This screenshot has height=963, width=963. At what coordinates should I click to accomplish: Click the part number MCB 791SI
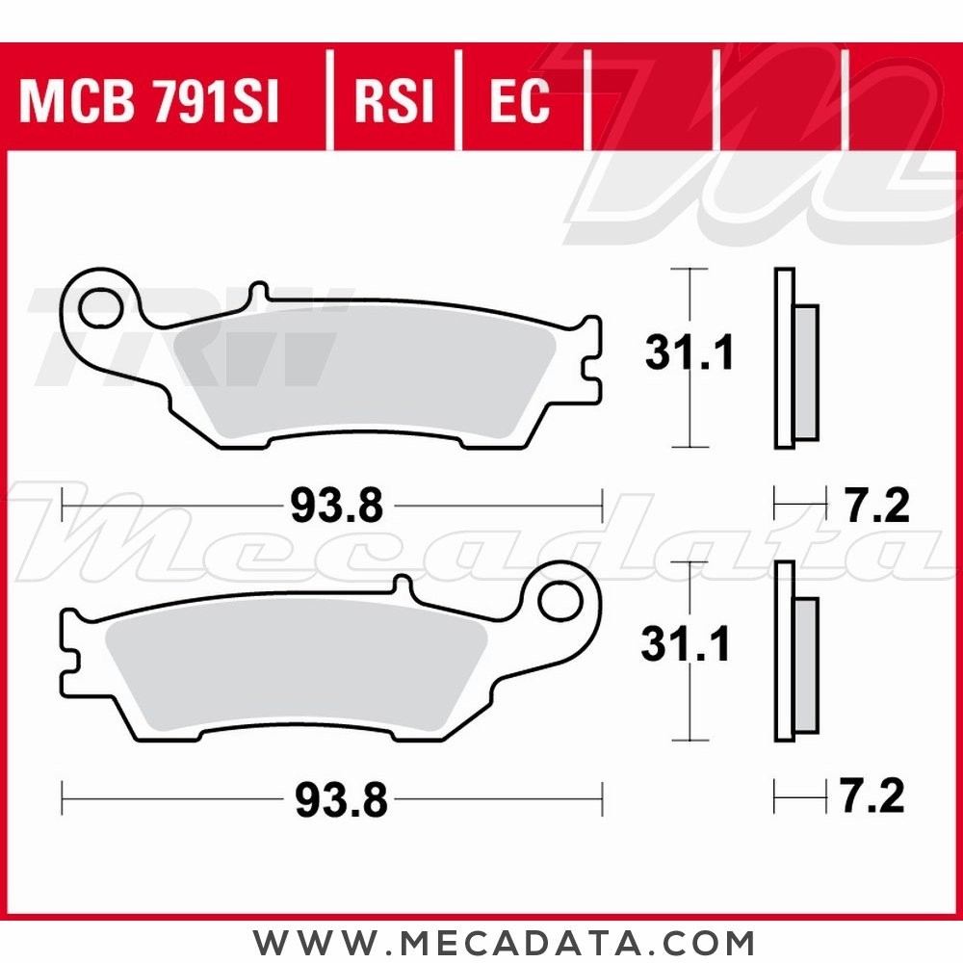[149, 101]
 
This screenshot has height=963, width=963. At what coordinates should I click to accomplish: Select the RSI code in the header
[394, 101]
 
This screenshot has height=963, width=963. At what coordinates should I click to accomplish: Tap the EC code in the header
[519, 101]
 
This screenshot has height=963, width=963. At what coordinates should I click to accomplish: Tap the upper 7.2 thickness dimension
[875, 506]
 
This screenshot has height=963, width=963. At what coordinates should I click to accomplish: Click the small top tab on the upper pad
[257, 293]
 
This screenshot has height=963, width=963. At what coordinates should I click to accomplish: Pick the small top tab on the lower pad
[403, 585]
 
